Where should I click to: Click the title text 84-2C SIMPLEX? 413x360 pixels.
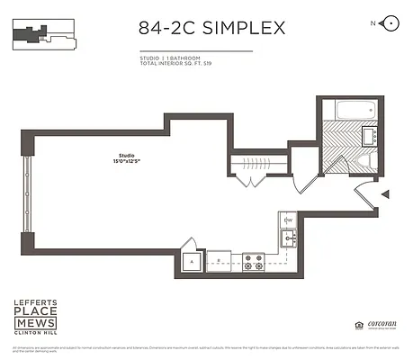(x=211, y=28)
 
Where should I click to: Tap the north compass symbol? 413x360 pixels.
(x=390, y=22)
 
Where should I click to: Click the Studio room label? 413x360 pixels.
(x=114, y=155)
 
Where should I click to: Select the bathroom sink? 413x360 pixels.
(x=368, y=136)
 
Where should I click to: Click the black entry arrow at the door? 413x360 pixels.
(x=385, y=194)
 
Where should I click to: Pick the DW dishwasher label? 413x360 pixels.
(x=289, y=220)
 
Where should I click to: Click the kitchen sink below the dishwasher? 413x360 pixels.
(x=288, y=238)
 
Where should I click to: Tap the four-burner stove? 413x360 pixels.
(x=255, y=262)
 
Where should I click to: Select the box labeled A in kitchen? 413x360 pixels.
(x=192, y=262)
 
